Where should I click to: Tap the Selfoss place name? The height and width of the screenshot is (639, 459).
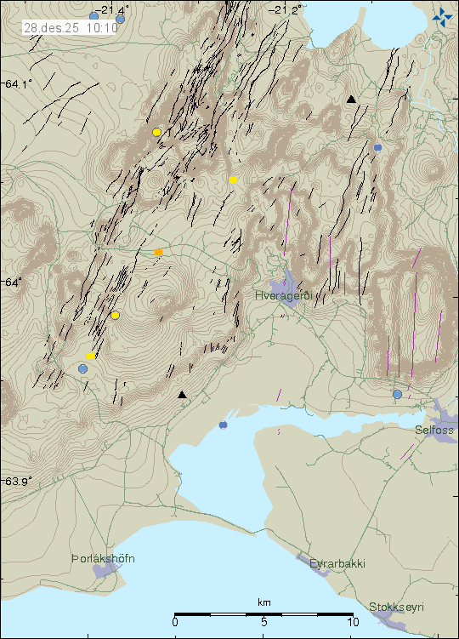pos(434,431)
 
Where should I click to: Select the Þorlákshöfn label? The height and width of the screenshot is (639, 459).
pos(103,559)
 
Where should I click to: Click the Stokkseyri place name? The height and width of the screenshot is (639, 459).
pos(395,607)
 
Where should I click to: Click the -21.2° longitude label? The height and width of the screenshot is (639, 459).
pos(286,9)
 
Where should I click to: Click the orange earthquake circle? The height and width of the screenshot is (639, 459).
pos(158,252)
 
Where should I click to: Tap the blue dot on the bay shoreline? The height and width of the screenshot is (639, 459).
pos(223,425)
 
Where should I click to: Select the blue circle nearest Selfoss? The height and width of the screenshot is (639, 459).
pos(397,394)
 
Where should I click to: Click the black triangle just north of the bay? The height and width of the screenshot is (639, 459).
pos(181,394)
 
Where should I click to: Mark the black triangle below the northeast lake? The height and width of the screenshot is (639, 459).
pos(351,100)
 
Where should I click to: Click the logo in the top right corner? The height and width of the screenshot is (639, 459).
pos(442,15)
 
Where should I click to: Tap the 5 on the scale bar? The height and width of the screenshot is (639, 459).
pos(264,622)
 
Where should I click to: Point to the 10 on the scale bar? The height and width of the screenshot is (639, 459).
pos(352,622)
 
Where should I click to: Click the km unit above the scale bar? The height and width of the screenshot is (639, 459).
pos(264,603)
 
